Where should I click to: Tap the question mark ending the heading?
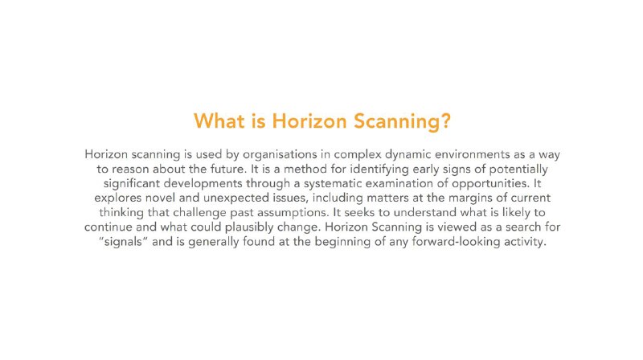tap(446, 121)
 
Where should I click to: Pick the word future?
tap(228, 169)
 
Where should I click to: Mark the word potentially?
tap(518, 170)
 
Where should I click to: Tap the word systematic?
tap(333, 184)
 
